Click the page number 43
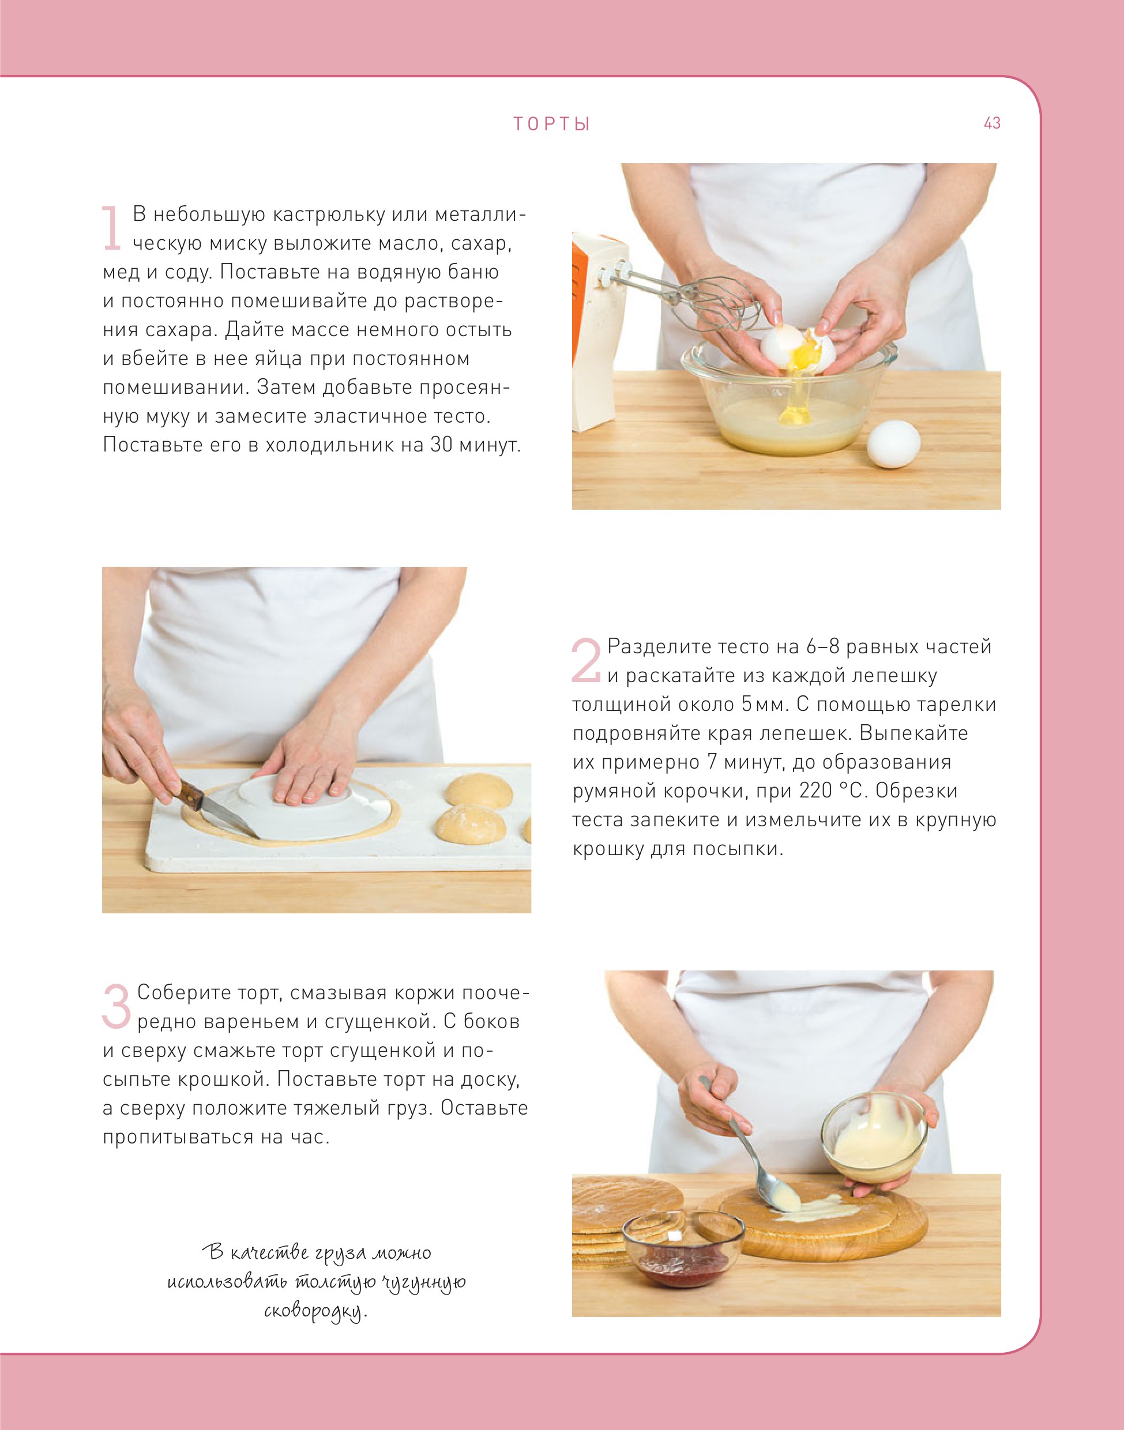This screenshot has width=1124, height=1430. tap(992, 123)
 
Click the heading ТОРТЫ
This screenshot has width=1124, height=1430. tap(551, 125)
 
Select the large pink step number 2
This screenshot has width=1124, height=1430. tap(586, 660)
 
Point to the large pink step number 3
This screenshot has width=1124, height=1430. tap(116, 1006)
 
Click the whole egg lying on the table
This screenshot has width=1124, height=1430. tap(892, 443)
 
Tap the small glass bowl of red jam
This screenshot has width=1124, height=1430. tap(683, 1250)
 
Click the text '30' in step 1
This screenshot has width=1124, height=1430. tap(442, 445)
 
